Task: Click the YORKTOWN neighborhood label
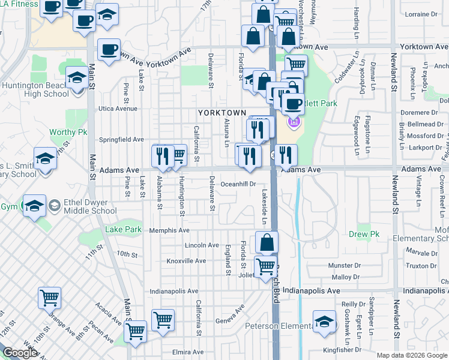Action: (x=222, y=113)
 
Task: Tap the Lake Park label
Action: (x=123, y=229)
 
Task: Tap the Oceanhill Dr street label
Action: (x=238, y=184)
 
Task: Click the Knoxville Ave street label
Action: (x=186, y=261)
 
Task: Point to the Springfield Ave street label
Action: (x=121, y=139)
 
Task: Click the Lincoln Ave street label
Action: (x=202, y=245)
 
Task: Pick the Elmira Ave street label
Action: (x=187, y=352)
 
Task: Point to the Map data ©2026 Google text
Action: (x=411, y=355)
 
